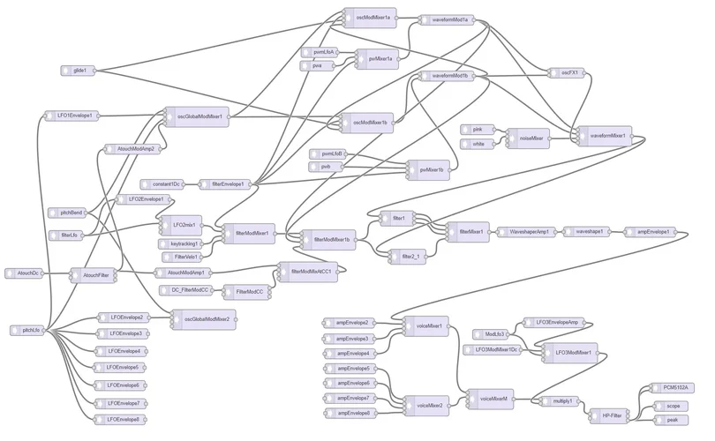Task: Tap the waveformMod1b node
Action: tap(450, 76)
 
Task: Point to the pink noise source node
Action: tap(477, 129)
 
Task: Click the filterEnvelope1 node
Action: tap(228, 183)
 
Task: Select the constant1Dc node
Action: tap(164, 183)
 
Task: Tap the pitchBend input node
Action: tap(71, 213)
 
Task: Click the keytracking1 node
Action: tap(184, 243)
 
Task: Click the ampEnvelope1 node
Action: tap(650, 232)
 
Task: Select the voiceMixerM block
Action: tap(492, 400)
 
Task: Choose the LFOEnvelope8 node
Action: tap(121, 420)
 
